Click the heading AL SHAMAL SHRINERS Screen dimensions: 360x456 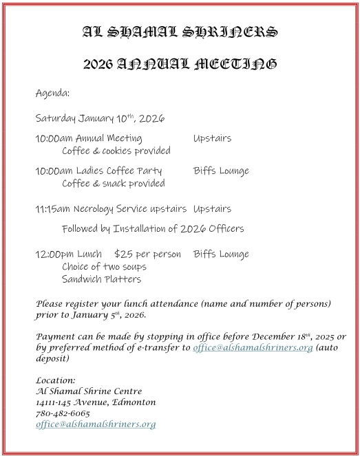click(x=180, y=32)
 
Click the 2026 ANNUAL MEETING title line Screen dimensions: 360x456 click(x=180, y=65)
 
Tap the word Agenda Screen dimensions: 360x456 click(x=52, y=92)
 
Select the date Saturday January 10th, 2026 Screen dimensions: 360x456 click(x=100, y=118)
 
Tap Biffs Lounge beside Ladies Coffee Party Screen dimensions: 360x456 click(x=221, y=171)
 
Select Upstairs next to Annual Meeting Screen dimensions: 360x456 click(x=212, y=138)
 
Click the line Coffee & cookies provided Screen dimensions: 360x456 click(x=116, y=151)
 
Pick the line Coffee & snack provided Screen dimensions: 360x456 click(x=113, y=184)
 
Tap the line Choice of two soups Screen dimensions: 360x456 click(x=104, y=267)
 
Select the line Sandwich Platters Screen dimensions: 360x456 click(x=101, y=279)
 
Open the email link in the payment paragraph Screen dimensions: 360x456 click(x=253, y=348)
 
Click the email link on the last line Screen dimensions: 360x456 click(x=96, y=424)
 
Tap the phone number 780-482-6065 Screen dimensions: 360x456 click(x=63, y=413)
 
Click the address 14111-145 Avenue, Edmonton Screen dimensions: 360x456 click(x=96, y=402)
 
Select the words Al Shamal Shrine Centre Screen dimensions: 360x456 click(x=89, y=391)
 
